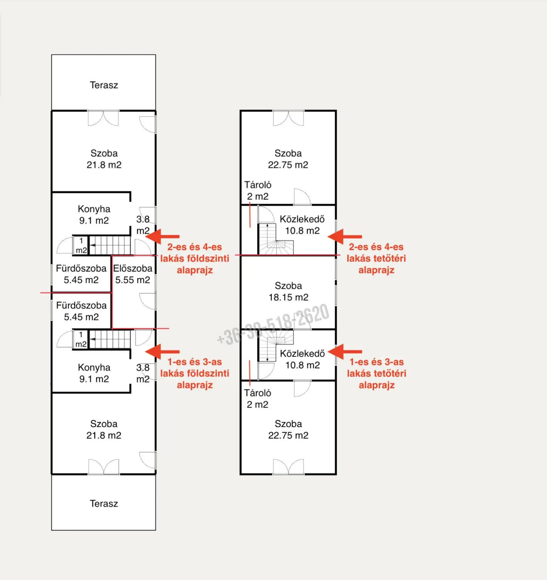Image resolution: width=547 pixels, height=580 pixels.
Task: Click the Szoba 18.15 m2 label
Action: click(x=288, y=292)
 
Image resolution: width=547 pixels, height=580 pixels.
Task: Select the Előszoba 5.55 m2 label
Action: click(x=133, y=274)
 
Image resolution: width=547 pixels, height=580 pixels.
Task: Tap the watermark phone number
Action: click(x=273, y=325)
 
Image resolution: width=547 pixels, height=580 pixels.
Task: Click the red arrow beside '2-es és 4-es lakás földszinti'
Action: click(x=162, y=237)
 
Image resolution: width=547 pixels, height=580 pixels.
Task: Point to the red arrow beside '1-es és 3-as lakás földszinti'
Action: click(x=162, y=352)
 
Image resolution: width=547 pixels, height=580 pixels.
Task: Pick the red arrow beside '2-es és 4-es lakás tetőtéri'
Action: click(x=345, y=237)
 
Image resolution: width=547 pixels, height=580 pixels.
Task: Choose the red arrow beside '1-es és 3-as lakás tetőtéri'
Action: click(x=345, y=352)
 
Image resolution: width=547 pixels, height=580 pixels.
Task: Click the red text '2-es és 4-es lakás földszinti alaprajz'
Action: click(x=195, y=259)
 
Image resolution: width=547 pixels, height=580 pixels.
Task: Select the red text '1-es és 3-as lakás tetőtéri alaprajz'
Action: click(x=377, y=373)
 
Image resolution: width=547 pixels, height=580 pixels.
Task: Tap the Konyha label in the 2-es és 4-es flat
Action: click(x=94, y=214)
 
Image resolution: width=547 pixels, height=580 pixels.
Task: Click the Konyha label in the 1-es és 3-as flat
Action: click(x=94, y=373)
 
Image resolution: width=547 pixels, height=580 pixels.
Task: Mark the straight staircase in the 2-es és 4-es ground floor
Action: click(x=110, y=245)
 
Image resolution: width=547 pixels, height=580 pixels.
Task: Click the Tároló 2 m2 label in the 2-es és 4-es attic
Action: click(x=258, y=191)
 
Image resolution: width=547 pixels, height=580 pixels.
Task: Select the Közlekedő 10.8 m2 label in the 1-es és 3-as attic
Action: click(x=302, y=359)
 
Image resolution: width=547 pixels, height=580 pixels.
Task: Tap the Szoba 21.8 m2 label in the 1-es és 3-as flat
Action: click(x=104, y=430)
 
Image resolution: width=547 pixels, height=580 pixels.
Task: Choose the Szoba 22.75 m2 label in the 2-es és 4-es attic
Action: click(x=288, y=159)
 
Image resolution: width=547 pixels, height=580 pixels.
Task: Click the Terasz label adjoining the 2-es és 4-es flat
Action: click(x=104, y=85)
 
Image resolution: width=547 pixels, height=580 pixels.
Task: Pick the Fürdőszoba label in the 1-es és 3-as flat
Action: click(x=81, y=311)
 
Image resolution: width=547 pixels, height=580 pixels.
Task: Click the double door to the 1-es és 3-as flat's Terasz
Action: click(x=104, y=467)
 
